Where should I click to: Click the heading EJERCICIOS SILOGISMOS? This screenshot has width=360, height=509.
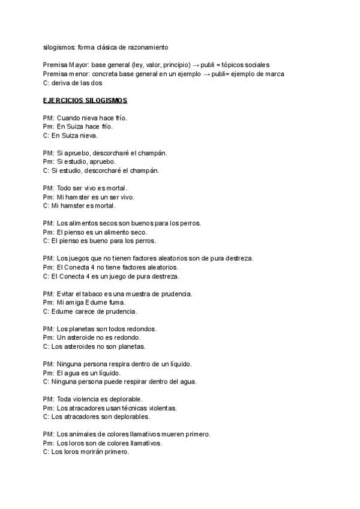(x=85, y=100)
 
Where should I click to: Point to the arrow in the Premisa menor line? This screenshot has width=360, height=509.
(x=212, y=74)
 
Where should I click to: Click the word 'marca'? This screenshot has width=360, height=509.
(x=274, y=74)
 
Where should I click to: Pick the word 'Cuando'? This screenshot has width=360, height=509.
(x=68, y=118)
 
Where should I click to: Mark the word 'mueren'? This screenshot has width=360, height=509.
(x=173, y=434)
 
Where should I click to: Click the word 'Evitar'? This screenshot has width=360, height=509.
(x=66, y=294)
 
